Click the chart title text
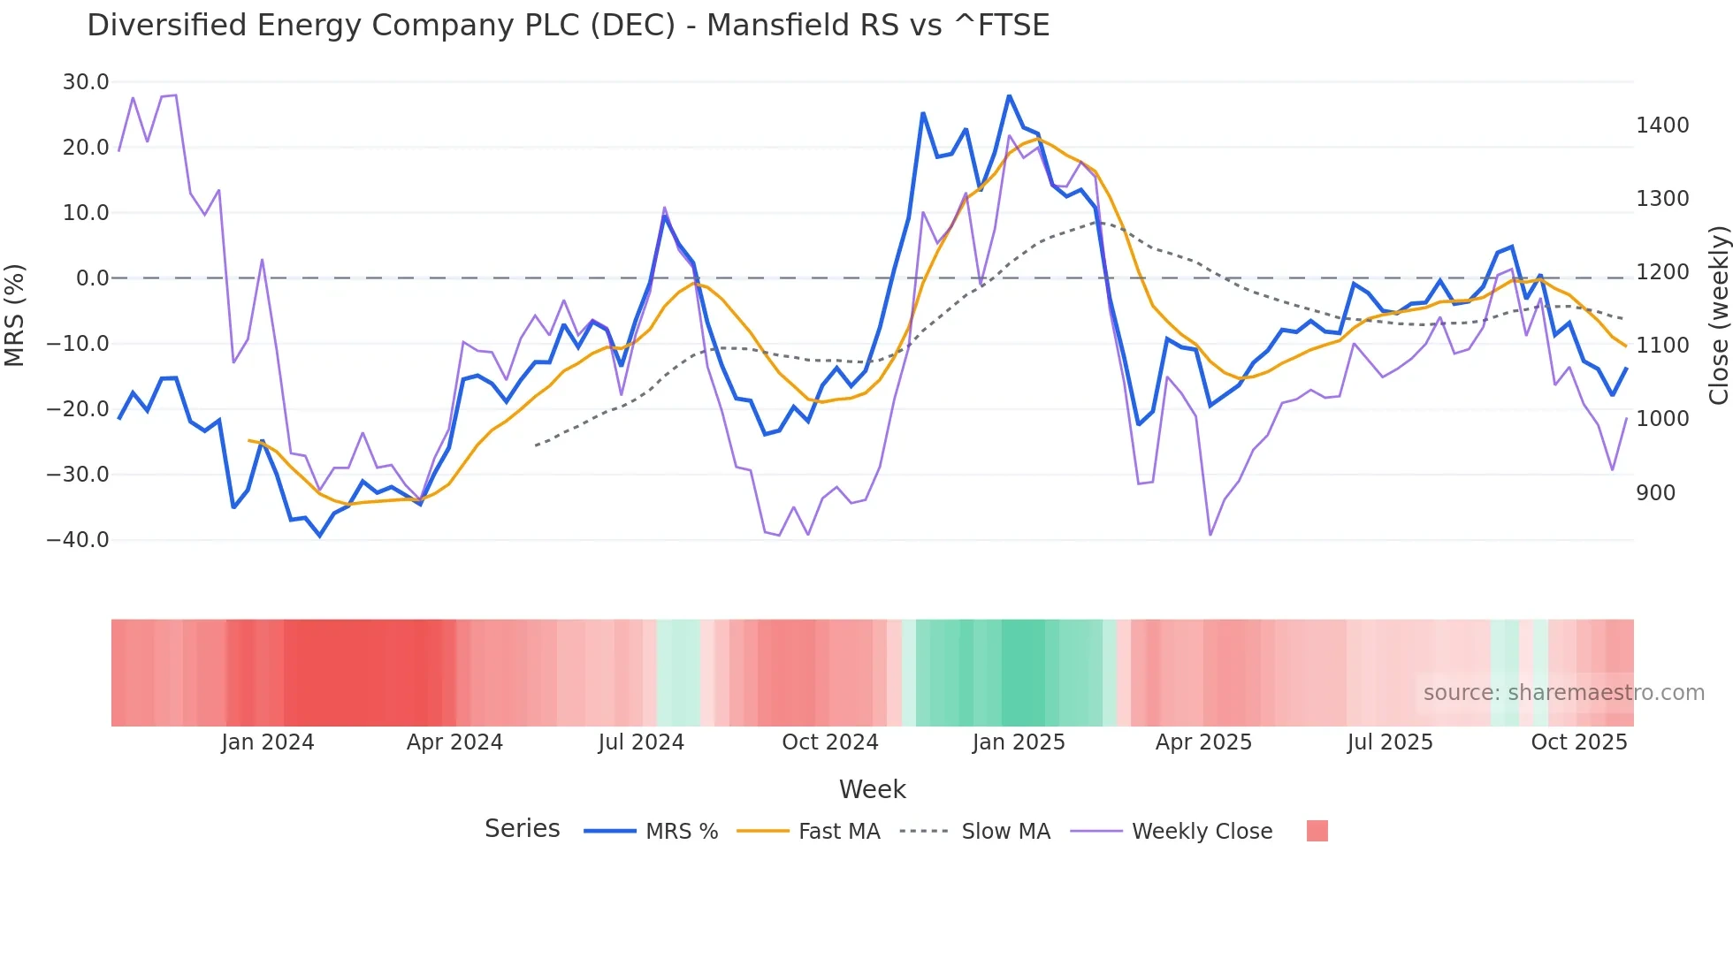pos(568,26)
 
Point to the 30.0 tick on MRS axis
pos(86,82)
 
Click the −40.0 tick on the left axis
pos(78,539)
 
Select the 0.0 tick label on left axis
pos(92,278)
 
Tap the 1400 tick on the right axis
pos(1662,126)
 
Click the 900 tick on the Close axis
pos(1655,493)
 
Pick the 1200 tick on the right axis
pos(1662,272)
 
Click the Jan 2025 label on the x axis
pos(1019,742)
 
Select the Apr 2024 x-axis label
pos(454,742)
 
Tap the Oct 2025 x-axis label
pos(1579,742)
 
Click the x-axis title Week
pos(872,789)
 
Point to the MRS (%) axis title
pos(15,315)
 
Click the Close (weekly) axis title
pos(1718,315)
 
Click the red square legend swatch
pos(1317,831)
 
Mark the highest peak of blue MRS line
pos(1009,96)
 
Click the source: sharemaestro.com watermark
pos(1563,693)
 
